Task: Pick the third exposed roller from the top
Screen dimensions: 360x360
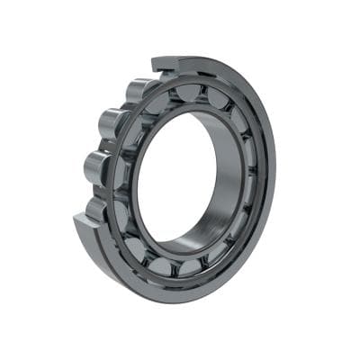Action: point(97,167)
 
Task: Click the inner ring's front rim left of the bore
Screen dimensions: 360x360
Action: point(131,184)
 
